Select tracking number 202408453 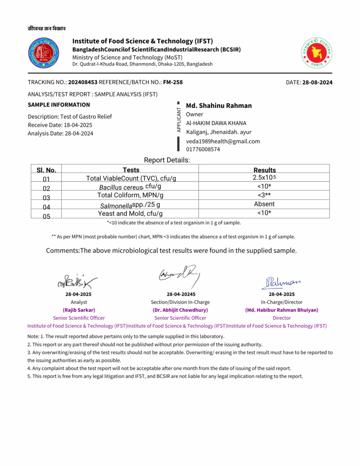(x=83, y=82)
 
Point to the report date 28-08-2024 (x=317, y=82)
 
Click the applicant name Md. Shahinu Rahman (x=219, y=106)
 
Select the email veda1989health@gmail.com (x=223, y=141)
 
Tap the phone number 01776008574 (x=203, y=149)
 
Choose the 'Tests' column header (x=131, y=170)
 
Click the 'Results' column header (x=264, y=170)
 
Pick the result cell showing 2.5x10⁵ (x=264, y=177)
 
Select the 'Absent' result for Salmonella (x=264, y=204)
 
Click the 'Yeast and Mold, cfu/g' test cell (x=130, y=213)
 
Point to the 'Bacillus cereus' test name (x=121, y=187)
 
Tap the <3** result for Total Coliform (x=264, y=195)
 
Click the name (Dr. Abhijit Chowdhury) (x=180, y=310)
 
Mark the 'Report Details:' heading (x=167, y=160)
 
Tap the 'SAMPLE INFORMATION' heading (x=59, y=105)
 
